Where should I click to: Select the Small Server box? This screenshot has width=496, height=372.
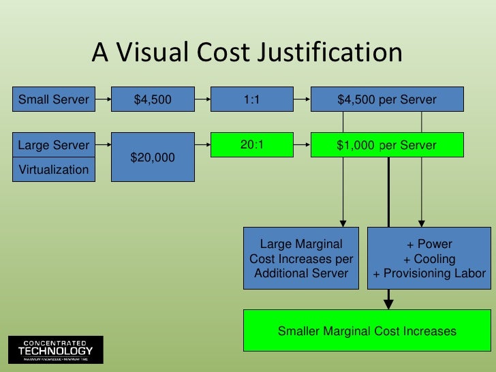[x=53, y=100]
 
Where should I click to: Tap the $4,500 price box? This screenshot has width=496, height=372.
[x=153, y=100]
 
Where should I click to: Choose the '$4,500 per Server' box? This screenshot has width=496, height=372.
[x=386, y=100]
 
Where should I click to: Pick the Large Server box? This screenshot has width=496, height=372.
[x=53, y=145]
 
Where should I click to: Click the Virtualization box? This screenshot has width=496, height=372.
[x=53, y=170]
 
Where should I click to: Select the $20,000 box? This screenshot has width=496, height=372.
[x=153, y=157]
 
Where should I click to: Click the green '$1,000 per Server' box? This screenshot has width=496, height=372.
[x=386, y=145]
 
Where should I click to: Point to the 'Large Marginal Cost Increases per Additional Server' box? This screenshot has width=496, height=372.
[x=301, y=259]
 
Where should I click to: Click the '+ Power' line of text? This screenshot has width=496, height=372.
[x=429, y=245]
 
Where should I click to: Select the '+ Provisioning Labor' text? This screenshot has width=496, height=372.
[x=429, y=274]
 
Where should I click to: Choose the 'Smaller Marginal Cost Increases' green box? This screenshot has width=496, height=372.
[x=367, y=331]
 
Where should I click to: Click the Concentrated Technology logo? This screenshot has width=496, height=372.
[x=55, y=350]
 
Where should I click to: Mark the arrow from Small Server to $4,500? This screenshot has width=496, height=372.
[x=102, y=100]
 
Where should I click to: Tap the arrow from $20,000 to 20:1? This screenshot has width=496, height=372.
[x=202, y=145]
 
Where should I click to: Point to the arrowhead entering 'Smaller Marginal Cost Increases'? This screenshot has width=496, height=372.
[x=389, y=302]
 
